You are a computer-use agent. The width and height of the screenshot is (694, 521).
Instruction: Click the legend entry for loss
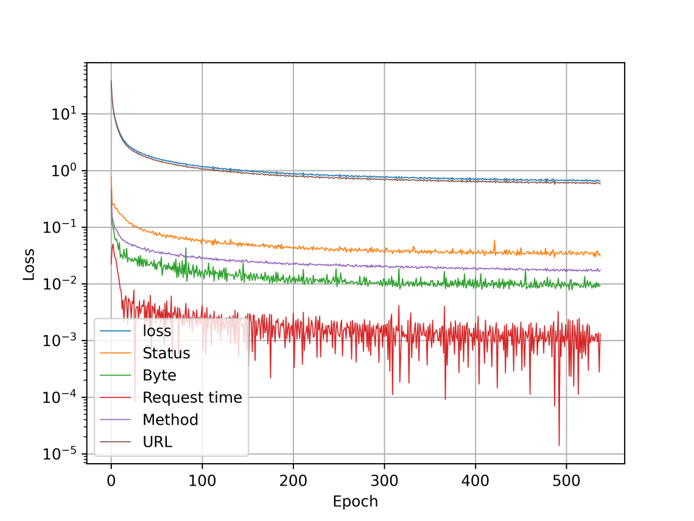156,331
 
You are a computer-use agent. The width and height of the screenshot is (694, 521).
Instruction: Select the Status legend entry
166,353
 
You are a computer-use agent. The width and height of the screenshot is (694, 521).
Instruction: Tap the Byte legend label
159,375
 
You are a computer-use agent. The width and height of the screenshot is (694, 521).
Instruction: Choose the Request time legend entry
192,397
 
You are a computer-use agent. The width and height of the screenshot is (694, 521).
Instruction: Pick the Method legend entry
170,419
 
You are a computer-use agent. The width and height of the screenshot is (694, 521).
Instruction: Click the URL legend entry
157,442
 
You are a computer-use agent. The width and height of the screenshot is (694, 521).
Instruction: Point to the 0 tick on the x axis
111,479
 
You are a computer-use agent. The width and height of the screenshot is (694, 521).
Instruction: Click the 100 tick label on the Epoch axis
202,479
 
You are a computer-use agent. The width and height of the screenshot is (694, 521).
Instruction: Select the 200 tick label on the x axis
293,479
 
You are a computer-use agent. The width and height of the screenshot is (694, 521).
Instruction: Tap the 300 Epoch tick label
384,479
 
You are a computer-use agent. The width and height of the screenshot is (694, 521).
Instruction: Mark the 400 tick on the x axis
475,479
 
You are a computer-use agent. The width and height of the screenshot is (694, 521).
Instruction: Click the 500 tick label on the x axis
566,479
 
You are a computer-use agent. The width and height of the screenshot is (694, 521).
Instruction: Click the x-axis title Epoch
355,502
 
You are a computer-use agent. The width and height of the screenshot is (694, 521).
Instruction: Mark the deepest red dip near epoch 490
559,445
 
